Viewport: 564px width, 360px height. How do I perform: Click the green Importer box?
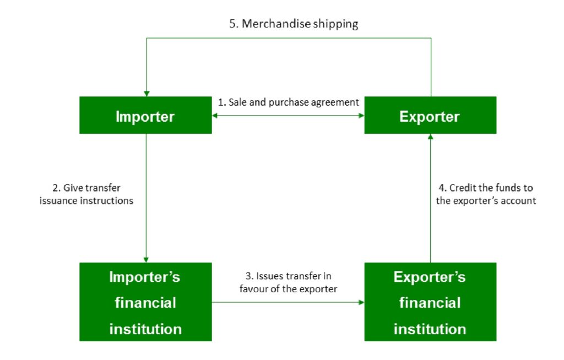145,115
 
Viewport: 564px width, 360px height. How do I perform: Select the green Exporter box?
430,115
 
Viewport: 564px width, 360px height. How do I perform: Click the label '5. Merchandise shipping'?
294,24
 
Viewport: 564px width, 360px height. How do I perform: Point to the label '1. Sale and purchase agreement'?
289,102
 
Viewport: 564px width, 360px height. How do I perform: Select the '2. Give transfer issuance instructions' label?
86,194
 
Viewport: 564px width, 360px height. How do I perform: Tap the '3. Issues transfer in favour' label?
288,282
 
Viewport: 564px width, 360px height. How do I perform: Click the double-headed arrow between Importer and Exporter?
288,116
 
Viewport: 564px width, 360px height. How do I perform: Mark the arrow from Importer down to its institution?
146,198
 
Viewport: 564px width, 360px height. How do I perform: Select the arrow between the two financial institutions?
288,302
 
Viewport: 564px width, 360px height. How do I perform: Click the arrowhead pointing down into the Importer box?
146,92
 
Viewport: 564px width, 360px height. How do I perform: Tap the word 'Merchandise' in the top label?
269,24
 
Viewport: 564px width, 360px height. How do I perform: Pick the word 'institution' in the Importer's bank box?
145,329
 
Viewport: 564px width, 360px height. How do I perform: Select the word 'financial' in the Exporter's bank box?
430,302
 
